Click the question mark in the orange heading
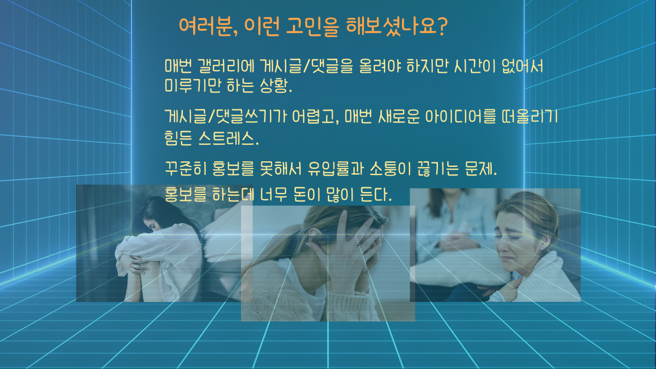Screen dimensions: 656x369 click(x=442, y=26)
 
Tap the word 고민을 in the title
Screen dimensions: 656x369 click(x=312, y=27)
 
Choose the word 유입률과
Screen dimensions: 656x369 click(x=336, y=168)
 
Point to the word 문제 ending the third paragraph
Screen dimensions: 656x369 click(x=480, y=168)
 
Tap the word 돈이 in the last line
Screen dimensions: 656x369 click(x=307, y=195)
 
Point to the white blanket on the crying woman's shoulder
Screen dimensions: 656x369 click(x=545, y=278)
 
